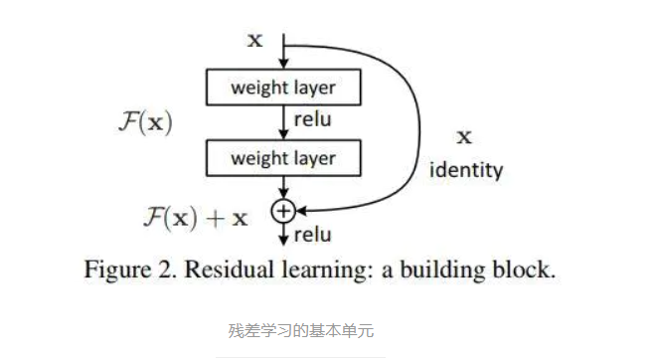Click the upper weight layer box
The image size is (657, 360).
point(283,87)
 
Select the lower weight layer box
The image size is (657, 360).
point(283,157)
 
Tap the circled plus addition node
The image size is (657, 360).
point(284,210)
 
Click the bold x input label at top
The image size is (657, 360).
point(255,41)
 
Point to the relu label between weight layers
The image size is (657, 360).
point(312,121)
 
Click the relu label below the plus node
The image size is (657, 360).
point(312,235)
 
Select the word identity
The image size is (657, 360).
point(465,170)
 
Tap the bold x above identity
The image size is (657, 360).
point(463,136)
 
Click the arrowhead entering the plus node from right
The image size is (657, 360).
point(299,210)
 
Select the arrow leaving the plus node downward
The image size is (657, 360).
point(284,232)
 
